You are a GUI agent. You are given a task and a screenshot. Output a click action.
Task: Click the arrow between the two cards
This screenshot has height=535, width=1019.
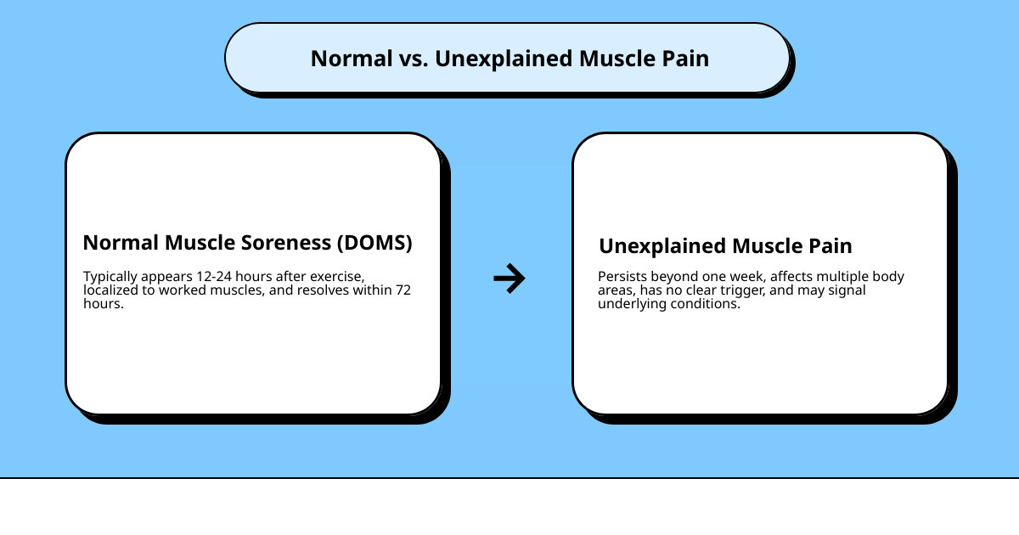click(x=509, y=278)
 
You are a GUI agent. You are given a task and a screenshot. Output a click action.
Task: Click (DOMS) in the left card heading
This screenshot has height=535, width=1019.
click(x=374, y=243)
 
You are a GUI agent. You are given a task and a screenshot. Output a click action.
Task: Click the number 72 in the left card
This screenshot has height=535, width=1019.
click(x=403, y=290)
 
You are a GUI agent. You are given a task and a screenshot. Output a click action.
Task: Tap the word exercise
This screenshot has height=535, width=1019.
click(x=336, y=277)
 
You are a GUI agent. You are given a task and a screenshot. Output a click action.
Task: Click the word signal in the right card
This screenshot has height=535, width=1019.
click(x=849, y=290)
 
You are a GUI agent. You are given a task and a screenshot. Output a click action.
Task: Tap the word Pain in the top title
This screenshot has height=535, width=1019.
click(x=686, y=59)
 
